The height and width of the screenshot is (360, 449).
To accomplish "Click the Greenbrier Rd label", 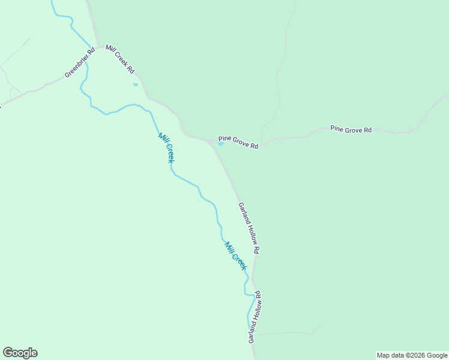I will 80,62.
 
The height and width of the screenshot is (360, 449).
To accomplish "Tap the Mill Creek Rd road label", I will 120,59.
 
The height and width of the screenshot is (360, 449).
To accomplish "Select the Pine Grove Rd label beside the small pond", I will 238,142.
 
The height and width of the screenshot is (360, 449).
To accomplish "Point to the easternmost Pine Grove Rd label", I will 351,129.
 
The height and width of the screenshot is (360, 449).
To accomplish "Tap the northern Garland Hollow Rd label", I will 249,227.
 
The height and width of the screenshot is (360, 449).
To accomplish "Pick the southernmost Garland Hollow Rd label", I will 255,317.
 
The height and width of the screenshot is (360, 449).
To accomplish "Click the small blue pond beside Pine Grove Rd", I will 221,143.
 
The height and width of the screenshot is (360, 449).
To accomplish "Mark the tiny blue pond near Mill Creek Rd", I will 136,85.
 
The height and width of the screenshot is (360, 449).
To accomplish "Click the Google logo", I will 20,353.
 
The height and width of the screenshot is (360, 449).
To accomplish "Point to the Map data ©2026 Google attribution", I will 412,355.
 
